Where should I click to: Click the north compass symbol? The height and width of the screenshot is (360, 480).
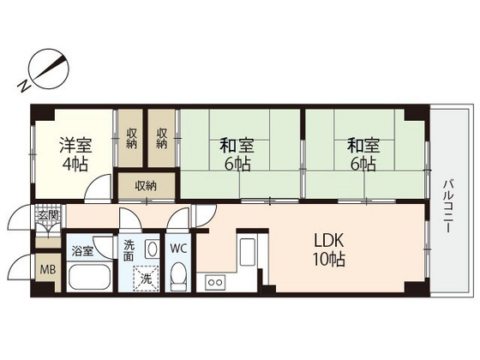tap(49, 69)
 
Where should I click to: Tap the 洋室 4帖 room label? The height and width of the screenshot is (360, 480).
tap(75, 154)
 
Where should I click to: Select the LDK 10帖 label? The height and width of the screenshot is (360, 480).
tap(328, 249)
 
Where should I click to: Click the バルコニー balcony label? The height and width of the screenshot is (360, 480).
tap(448, 207)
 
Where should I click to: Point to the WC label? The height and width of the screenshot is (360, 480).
tap(178, 249)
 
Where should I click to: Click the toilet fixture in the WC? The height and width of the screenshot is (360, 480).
tap(178, 276)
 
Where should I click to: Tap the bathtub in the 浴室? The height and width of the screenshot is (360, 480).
tap(89, 276)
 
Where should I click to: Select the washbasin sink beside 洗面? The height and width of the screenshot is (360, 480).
tap(151, 249)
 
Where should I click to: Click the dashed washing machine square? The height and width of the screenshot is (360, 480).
tap(146, 279)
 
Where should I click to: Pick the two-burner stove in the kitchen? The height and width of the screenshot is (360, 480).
tap(215, 282)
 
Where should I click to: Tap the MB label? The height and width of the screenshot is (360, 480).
tap(48, 270)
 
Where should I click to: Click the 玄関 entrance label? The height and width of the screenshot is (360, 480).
tap(48, 215)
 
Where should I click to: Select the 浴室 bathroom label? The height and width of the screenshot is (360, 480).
tap(82, 251)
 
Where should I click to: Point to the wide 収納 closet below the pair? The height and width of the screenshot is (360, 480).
tap(146, 186)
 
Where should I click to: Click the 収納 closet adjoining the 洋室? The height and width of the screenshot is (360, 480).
tap(130, 138)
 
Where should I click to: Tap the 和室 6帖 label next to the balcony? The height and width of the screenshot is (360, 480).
tap(363, 154)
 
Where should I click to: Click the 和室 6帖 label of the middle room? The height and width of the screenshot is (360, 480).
tap(237, 154)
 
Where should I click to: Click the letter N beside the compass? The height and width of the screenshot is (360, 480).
tap(24, 87)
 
